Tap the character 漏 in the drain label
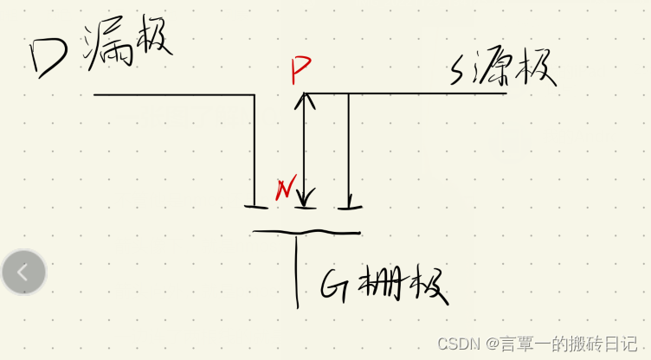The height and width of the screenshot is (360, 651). pos(106,49)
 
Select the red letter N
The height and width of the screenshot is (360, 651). pos(282,188)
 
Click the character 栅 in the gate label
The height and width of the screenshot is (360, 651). pos(381,283)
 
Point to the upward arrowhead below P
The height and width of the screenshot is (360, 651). pos(301,100)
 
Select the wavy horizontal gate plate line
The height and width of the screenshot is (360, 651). pos(306,232)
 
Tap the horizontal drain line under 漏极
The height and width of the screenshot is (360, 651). pos(173,93)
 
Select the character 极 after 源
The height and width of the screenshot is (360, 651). pos(536,73)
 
